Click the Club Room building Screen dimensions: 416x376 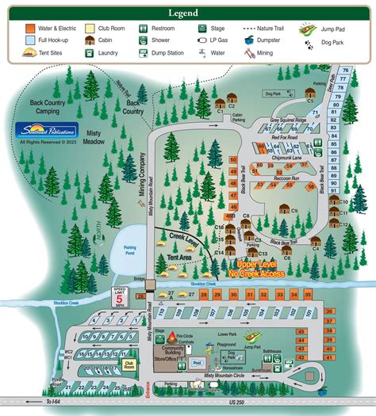[x=128, y=364]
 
